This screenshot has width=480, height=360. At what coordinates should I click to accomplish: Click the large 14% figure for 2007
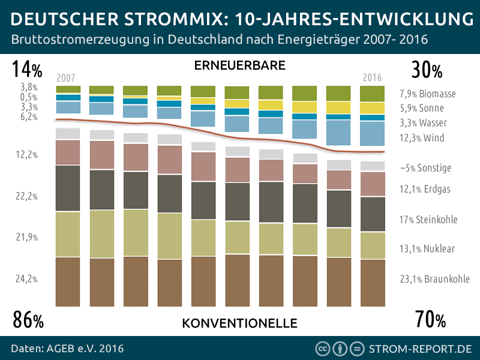[x=27, y=70]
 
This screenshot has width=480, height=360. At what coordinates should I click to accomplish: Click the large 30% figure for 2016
[x=427, y=70]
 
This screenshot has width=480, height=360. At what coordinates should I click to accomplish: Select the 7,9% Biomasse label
[x=427, y=94]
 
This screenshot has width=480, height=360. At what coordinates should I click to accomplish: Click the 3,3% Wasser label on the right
[x=423, y=123]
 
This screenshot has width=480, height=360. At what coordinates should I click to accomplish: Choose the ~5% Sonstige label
[x=425, y=168]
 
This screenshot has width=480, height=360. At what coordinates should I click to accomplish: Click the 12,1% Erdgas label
[x=425, y=189]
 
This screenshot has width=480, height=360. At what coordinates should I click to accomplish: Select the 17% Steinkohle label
[x=428, y=220]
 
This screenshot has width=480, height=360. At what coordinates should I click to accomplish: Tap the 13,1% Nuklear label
[x=427, y=248]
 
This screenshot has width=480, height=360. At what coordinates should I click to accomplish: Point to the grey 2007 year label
[x=66, y=78]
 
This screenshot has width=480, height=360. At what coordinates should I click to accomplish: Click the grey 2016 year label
[x=372, y=78]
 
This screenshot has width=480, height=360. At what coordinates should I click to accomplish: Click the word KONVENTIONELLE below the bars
[x=239, y=323]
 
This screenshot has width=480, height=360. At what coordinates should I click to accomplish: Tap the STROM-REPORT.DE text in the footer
[x=421, y=349]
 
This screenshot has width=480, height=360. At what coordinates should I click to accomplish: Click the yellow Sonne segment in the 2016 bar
[x=372, y=108]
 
